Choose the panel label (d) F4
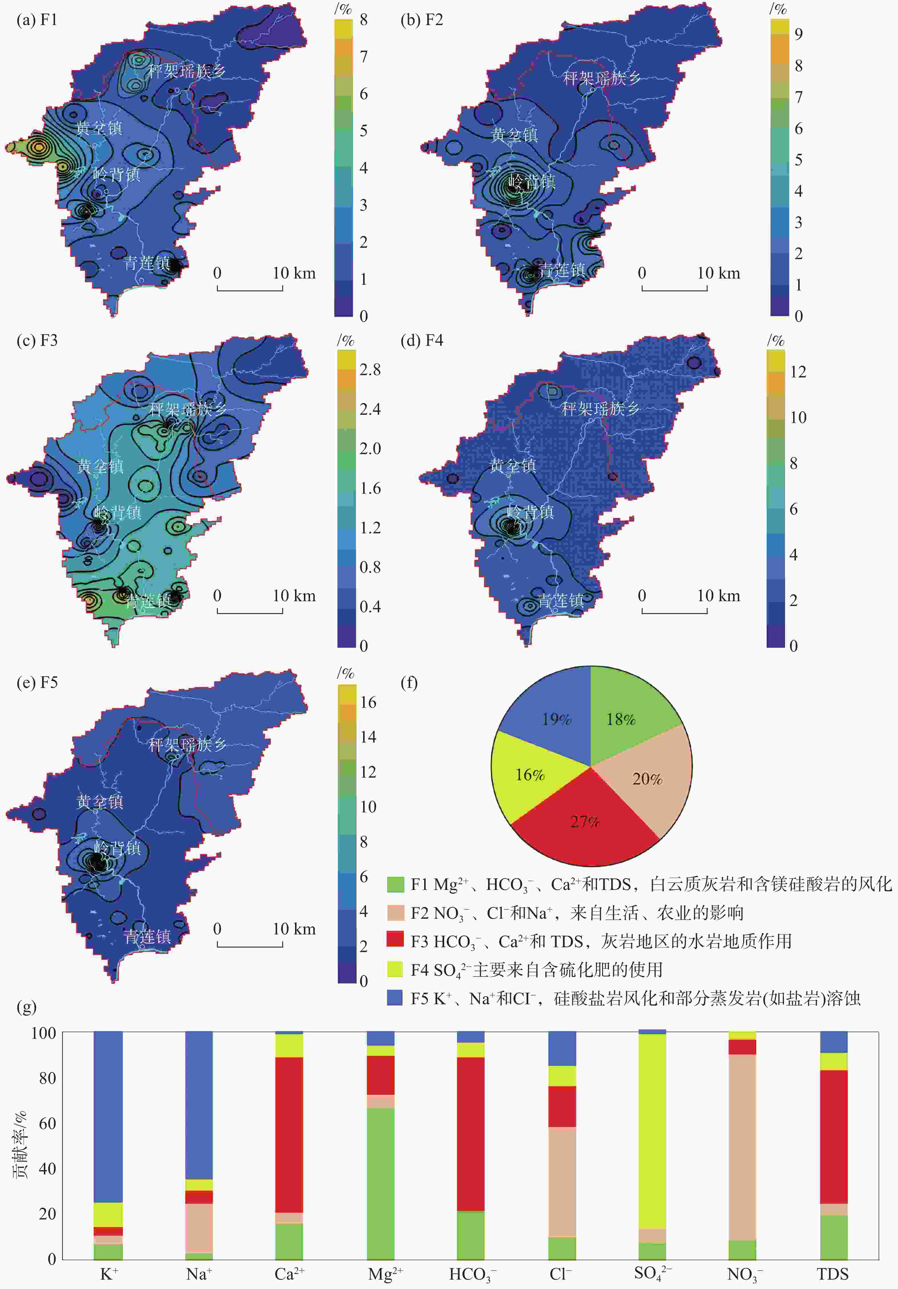[421, 341]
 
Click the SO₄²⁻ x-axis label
[653, 1273]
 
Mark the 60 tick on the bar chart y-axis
[47, 1123]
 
